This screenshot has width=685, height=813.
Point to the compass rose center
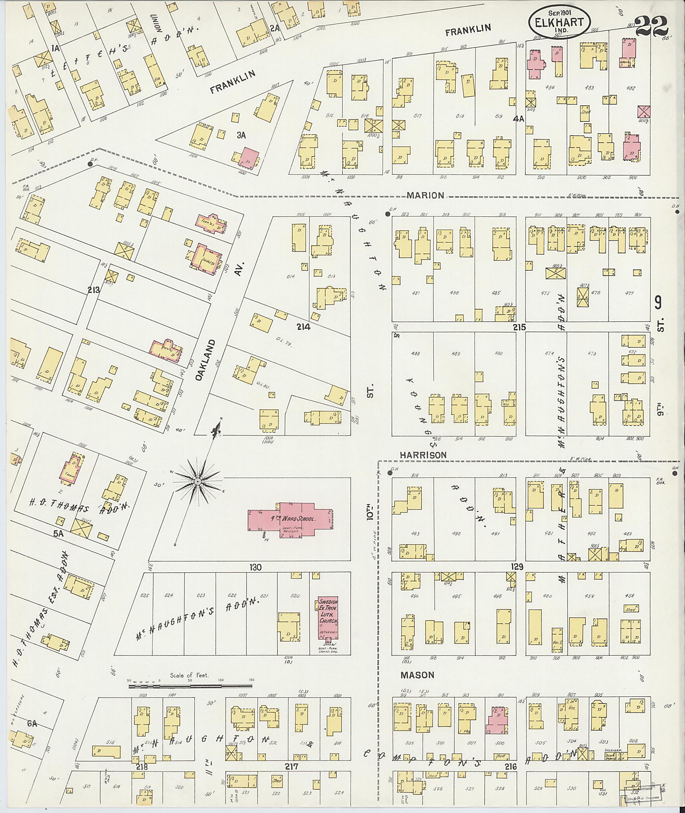[197, 482]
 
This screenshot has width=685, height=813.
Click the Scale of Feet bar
[190, 687]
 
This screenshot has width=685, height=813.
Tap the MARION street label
[425, 195]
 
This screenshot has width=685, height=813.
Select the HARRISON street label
[423, 455]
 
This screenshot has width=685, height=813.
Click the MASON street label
[417, 675]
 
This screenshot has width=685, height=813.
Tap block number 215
[519, 327]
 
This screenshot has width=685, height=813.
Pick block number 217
[291, 766]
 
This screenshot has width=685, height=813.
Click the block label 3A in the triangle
[241, 135]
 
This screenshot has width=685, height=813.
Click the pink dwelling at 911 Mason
[497, 721]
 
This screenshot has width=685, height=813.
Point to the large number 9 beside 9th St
[658, 302]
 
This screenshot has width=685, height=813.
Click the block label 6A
[32, 724]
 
